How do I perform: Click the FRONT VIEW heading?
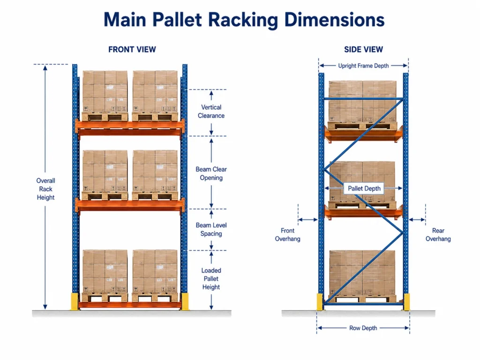click(132, 50)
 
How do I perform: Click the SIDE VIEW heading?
click(363, 50)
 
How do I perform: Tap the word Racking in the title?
click(243, 20)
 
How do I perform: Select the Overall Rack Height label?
click(45, 189)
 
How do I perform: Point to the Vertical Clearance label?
click(211, 112)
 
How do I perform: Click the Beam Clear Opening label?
click(211, 173)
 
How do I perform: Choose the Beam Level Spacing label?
click(211, 229)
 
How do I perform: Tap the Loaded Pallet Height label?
click(211, 278)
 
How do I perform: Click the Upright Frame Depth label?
click(363, 66)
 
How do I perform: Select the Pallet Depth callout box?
click(364, 188)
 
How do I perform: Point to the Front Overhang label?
click(287, 235)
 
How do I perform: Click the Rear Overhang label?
click(438, 235)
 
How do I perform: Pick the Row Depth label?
click(363, 328)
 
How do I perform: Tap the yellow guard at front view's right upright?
click(184, 301)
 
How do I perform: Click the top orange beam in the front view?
click(130, 127)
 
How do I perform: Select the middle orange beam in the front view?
click(130, 205)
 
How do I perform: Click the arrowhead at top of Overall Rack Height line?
click(45, 67)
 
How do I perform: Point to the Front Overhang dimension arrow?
click(308, 219)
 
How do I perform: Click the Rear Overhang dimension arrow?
click(417, 219)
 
